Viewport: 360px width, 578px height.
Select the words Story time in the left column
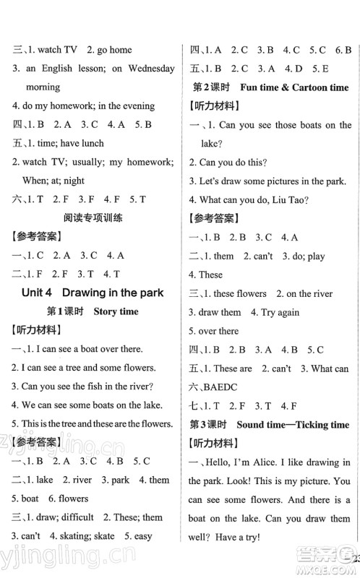tap(115, 311)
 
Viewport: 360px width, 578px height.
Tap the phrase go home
tap(113, 50)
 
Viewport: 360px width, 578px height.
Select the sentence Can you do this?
tap(229, 162)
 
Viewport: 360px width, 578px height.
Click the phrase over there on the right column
tap(218, 331)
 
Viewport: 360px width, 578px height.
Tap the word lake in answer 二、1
tap(44, 480)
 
